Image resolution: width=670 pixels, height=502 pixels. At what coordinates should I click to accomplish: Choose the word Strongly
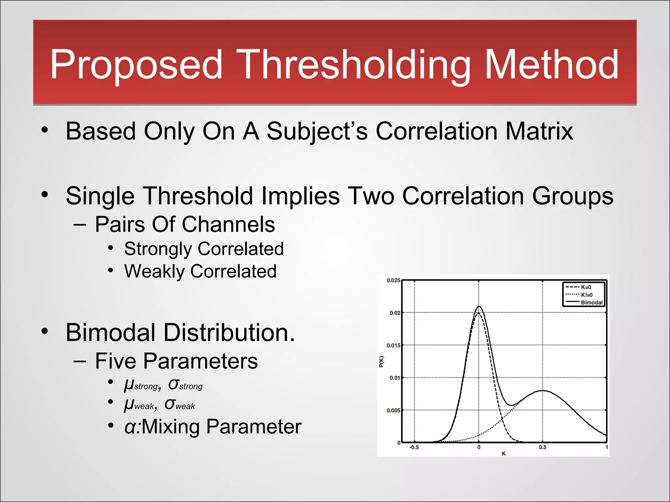pyautogui.click(x=158, y=249)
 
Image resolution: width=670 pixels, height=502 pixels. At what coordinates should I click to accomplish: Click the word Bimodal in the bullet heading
pyautogui.click(x=110, y=333)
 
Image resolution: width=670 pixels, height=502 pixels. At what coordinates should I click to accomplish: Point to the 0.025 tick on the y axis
pyautogui.click(x=393, y=280)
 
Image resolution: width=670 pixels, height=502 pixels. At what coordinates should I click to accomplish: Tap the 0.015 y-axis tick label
pyautogui.click(x=393, y=345)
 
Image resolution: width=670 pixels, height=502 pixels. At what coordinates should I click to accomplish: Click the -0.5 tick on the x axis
pyautogui.click(x=414, y=447)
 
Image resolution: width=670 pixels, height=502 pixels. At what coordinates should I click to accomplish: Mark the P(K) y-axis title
pyautogui.click(x=381, y=361)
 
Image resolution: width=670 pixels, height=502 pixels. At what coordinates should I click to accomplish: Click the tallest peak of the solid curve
pyautogui.click(x=479, y=307)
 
